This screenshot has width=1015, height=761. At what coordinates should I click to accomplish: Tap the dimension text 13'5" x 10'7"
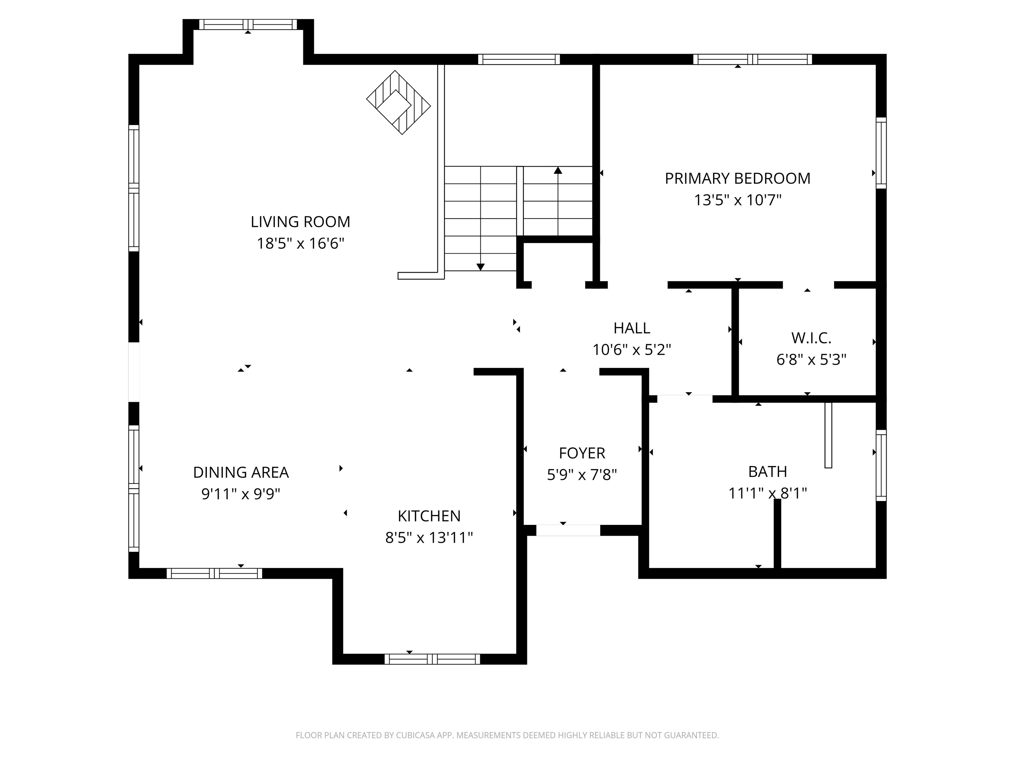[x=737, y=200]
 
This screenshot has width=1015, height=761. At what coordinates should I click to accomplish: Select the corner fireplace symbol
[x=398, y=102]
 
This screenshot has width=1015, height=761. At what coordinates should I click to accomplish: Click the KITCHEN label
[x=429, y=516]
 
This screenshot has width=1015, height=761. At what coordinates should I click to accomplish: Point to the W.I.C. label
[x=811, y=338]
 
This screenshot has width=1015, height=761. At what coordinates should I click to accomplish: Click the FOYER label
[x=582, y=453]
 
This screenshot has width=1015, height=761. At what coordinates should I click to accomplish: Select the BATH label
[x=767, y=472]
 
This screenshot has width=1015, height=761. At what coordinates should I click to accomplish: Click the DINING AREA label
[x=241, y=472]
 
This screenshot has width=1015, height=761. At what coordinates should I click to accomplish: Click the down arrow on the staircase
[x=480, y=267]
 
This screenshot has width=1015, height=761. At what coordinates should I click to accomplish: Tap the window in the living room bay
[x=248, y=24]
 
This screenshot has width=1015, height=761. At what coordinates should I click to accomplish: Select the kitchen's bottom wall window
[x=432, y=659]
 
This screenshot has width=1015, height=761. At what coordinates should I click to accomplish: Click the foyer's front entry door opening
[x=568, y=530]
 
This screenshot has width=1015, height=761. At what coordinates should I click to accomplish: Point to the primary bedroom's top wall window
[x=752, y=59]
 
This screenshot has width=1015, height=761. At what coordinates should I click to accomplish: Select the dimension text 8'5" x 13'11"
[x=429, y=538]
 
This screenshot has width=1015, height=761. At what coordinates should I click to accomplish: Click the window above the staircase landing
[x=519, y=59]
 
